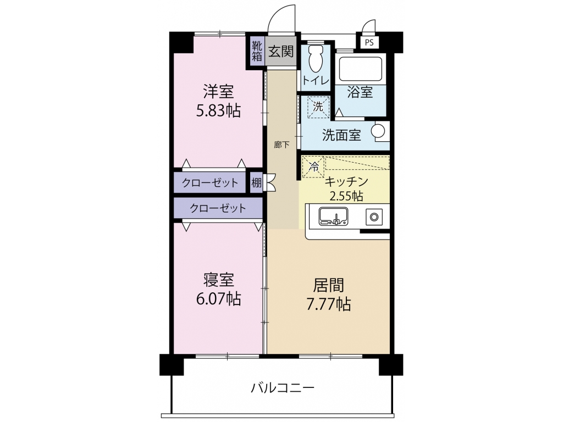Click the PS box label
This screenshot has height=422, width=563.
click(369, 42)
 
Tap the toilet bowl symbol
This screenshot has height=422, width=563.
click(316, 59)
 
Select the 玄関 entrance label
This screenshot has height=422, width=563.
click(281, 51)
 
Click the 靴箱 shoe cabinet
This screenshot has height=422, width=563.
click(257, 51)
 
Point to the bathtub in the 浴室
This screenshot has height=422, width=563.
click(360, 69)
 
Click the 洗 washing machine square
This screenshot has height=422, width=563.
click(318, 107)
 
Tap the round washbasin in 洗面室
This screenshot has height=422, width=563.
click(378, 131)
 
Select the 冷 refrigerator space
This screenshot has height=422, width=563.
click(314, 166)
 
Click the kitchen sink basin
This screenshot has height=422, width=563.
click(333, 216)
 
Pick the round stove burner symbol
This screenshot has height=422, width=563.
click(374, 216)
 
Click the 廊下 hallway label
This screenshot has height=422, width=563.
click(281, 145)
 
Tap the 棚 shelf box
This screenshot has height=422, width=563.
click(256, 182)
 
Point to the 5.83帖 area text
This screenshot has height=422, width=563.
click(218, 111)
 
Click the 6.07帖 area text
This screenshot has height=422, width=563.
click(218, 298)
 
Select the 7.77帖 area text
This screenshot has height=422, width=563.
click(328, 304)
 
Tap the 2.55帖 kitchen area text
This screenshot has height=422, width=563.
click(346, 196)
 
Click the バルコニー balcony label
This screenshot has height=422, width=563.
click(283, 388)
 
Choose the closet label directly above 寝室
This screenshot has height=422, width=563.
click(218, 208)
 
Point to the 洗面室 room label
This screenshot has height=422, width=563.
click(341, 135)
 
